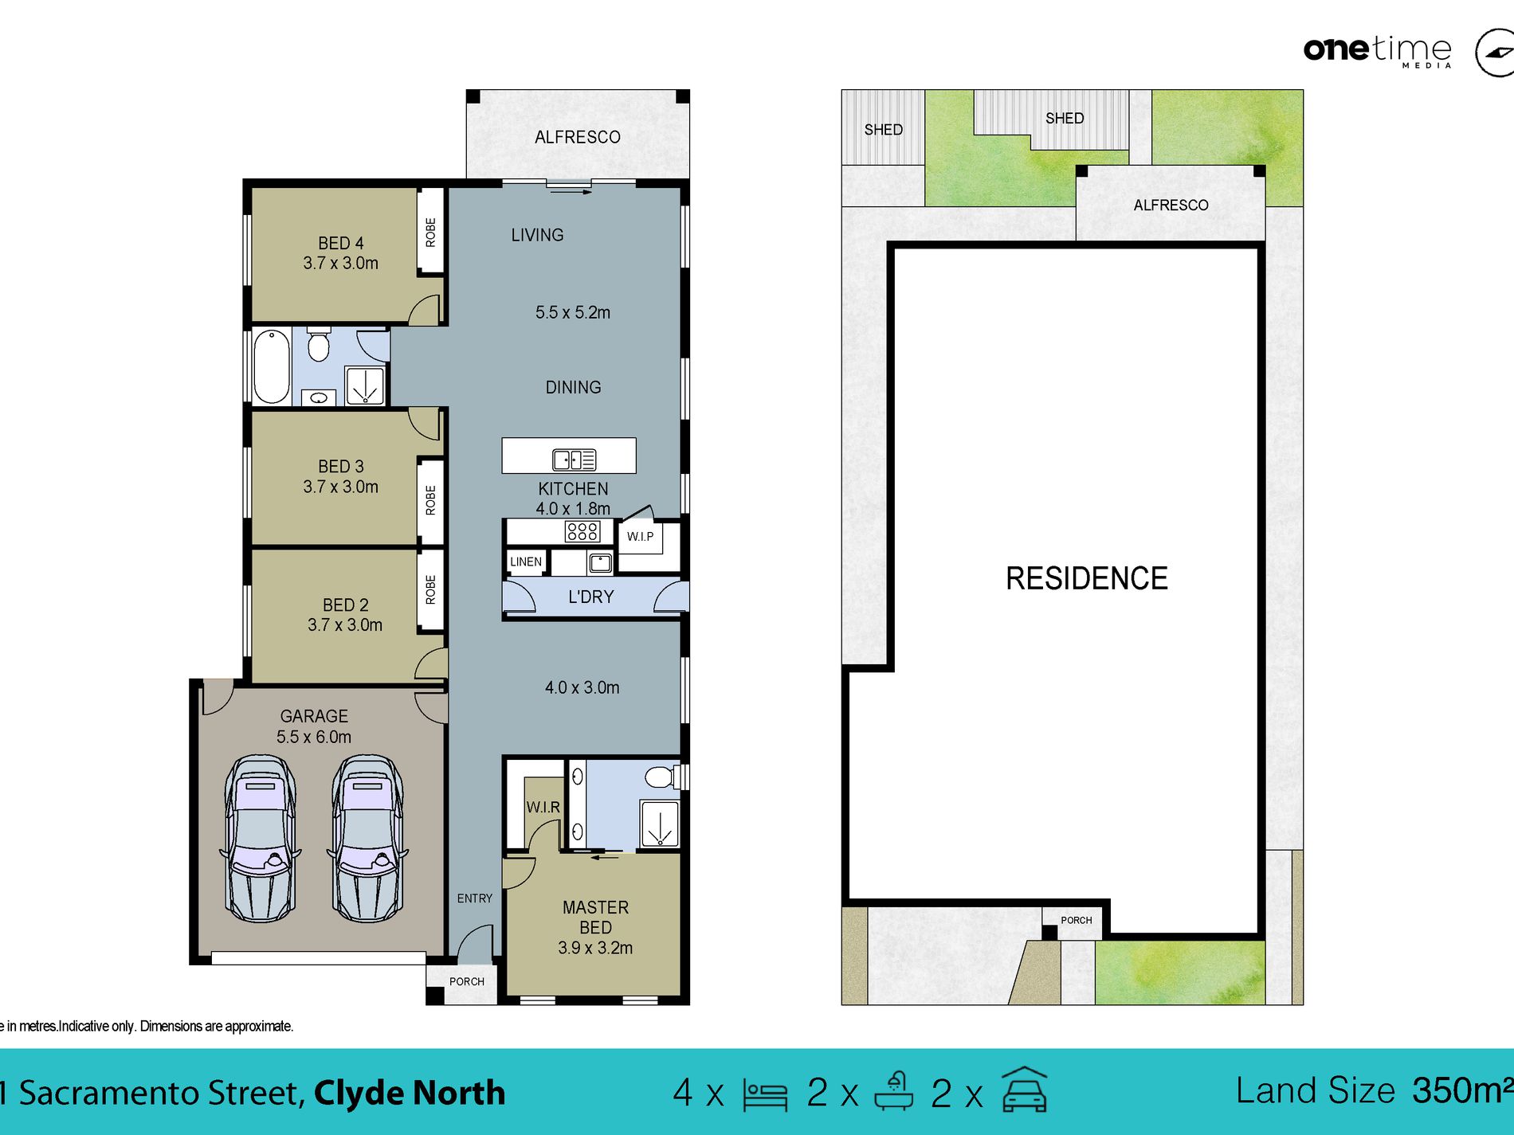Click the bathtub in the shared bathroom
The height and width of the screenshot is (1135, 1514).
pyautogui.click(x=272, y=367)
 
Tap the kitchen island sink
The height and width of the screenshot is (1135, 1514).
pyautogui.click(x=574, y=460)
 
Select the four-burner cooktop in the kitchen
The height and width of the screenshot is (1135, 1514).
pyautogui.click(x=582, y=531)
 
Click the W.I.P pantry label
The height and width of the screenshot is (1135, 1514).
pyautogui.click(x=640, y=536)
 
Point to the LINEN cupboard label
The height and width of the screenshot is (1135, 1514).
pyautogui.click(x=526, y=562)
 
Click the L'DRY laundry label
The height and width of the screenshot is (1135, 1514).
pyautogui.click(x=591, y=597)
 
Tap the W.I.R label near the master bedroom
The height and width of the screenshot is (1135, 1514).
pyautogui.click(x=543, y=807)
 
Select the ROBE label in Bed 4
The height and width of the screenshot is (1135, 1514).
pyautogui.click(x=430, y=233)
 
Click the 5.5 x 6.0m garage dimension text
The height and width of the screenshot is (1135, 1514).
pyautogui.click(x=314, y=737)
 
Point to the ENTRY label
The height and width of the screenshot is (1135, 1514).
pyautogui.click(x=475, y=898)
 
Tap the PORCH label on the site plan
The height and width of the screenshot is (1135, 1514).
pyautogui.click(x=1077, y=920)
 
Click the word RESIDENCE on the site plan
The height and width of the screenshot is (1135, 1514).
pyautogui.click(x=1087, y=578)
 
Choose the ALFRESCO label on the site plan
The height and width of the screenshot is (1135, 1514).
pyautogui.click(x=1171, y=205)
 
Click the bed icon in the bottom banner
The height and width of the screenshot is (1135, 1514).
pyautogui.click(x=765, y=1094)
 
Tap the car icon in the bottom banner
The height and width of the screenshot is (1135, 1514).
pyautogui.click(x=1024, y=1090)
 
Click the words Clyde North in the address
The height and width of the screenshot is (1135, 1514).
pyautogui.click(x=410, y=1093)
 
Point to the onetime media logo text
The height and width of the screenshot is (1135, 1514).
pyautogui.click(x=1378, y=50)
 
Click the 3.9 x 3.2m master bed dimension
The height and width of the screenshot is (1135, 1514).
pyautogui.click(x=595, y=948)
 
